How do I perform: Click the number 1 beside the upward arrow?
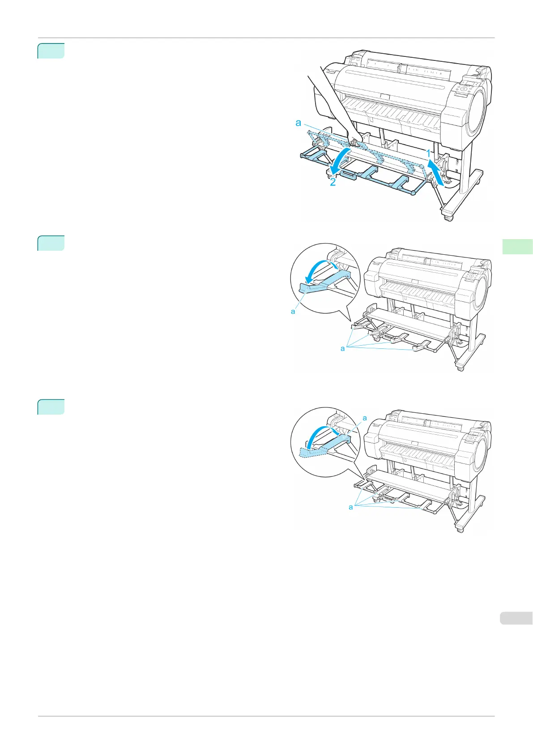click(428, 154)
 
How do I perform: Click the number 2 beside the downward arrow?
click(333, 182)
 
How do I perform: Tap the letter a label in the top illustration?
click(298, 123)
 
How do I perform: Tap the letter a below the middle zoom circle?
click(293, 312)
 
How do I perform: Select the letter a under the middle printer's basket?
click(343, 348)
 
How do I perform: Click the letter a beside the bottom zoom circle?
click(365, 418)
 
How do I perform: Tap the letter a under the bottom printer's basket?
click(351, 507)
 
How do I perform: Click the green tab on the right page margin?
click(517, 247)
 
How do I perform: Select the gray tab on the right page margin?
click(516, 618)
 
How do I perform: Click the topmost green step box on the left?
click(51, 51)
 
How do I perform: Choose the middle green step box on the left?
click(51, 243)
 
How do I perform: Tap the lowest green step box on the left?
click(51, 407)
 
